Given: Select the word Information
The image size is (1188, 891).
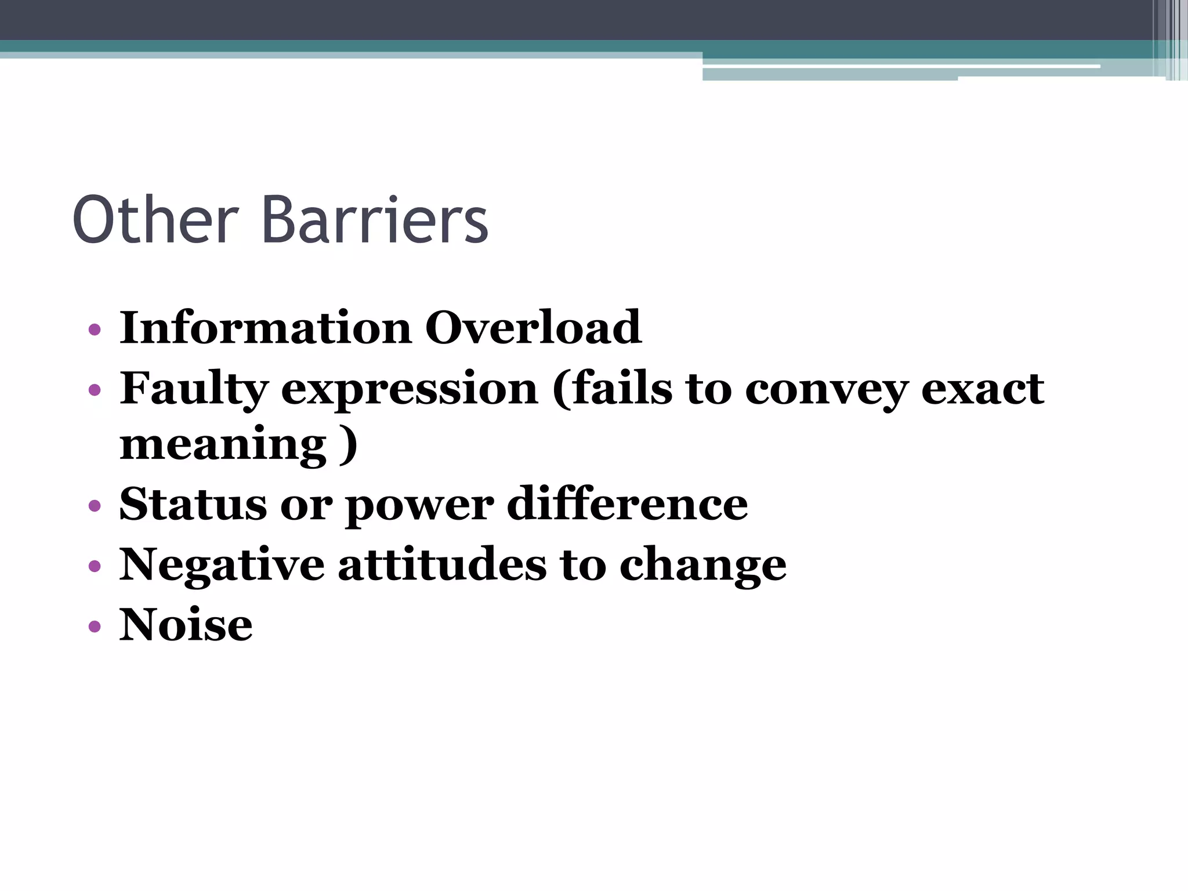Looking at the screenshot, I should tap(266, 328).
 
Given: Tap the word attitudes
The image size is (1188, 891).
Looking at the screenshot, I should tap(442, 564).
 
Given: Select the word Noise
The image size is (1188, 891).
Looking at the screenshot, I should tap(186, 625).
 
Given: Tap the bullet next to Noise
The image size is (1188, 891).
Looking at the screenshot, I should tap(95, 627).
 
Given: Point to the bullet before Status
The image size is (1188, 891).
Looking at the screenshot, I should tap(95, 506).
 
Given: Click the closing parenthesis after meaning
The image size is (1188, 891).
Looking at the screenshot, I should tap(348, 445).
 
